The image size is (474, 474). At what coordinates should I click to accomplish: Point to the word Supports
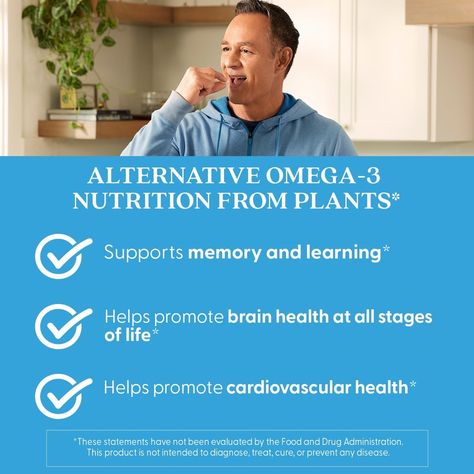point(143,253)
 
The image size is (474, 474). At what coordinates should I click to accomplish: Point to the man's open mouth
point(237,80)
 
